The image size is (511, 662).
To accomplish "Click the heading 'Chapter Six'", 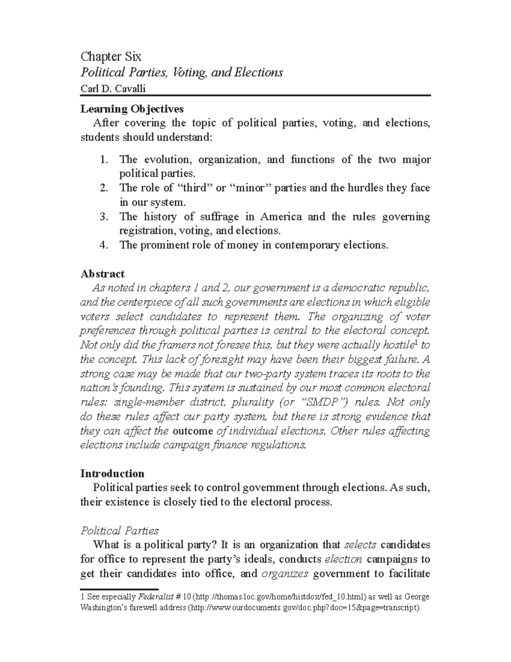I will pos(111,56).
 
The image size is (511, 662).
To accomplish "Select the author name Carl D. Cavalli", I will pos(112,88).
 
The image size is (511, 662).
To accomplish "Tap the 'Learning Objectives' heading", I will pos(132,109).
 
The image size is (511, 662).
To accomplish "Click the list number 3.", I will pos(103,217).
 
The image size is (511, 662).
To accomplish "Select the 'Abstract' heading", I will pos(102,274).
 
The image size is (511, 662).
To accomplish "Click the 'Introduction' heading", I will pos(112,474).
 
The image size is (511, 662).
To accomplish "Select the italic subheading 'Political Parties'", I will pos(120,531).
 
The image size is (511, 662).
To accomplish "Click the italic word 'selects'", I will pos(360,545).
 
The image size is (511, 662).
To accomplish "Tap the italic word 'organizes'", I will pos(285,573).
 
